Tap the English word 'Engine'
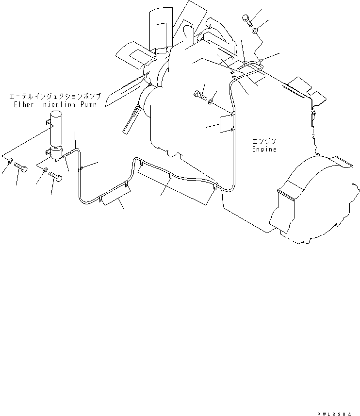click(x=264, y=150)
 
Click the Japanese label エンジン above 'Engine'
click(x=264, y=142)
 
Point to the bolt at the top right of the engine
click(x=246, y=20)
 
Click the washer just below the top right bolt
click(x=255, y=32)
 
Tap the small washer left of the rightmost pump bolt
click(x=44, y=170)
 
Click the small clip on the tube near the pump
click(x=81, y=169)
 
